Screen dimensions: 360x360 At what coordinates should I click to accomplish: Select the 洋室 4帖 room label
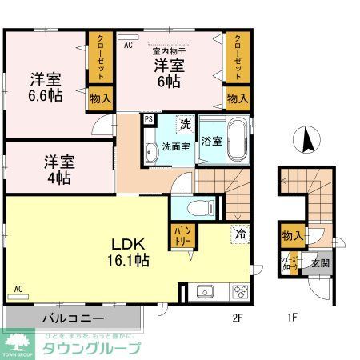tap(58, 167)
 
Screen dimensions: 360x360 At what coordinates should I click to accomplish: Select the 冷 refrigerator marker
tap(239, 234)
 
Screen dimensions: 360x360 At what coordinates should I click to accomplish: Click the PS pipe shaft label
tap(149, 120)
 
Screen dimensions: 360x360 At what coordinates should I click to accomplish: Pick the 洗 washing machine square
tap(185, 124)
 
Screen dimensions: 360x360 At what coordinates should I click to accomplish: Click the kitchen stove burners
tap(240, 292)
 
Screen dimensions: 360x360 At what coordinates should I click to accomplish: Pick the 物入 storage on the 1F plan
tap(292, 236)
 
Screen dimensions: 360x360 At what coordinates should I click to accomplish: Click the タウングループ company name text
tap(92, 348)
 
